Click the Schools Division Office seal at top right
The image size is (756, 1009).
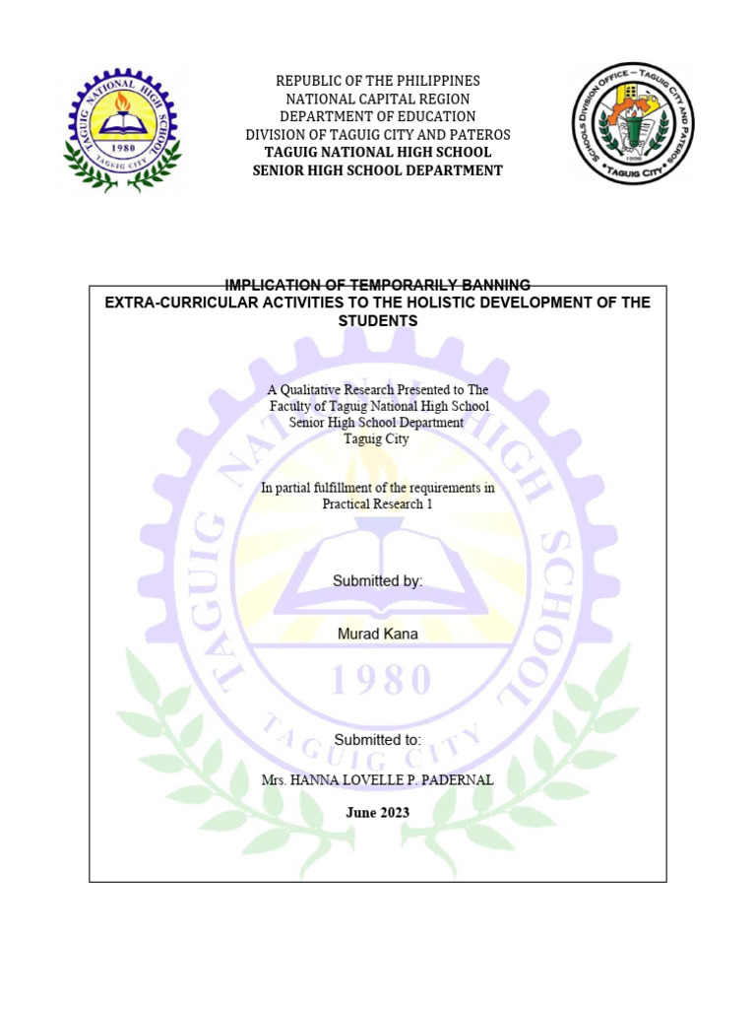(633, 122)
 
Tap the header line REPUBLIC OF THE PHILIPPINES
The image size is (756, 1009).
(377, 81)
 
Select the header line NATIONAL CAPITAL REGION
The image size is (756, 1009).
(377, 99)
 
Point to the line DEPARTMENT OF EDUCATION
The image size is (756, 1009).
(377, 116)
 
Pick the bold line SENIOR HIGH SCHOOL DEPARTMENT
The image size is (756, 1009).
(377, 170)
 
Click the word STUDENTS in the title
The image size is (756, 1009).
(377, 321)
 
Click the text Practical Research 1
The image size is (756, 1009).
(377, 504)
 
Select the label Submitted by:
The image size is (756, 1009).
(377, 581)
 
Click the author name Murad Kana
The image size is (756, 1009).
(377, 634)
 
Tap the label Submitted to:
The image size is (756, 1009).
(377, 739)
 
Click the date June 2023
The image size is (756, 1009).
(377, 813)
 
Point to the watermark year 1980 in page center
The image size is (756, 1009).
(377, 679)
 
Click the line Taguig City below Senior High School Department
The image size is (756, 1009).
(377, 439)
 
